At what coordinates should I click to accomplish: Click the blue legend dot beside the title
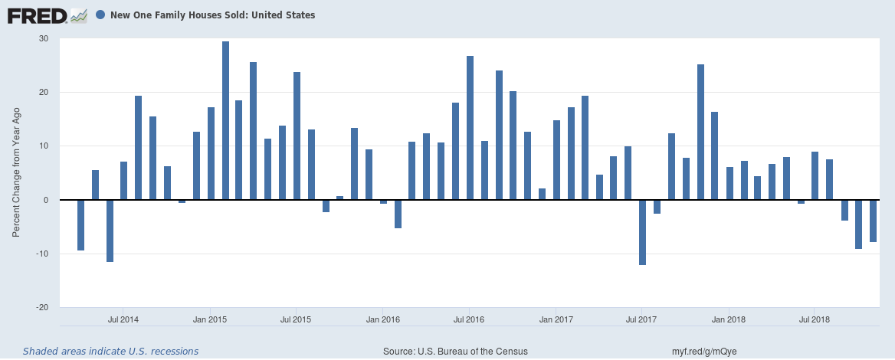100,15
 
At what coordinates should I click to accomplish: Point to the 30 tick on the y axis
43,39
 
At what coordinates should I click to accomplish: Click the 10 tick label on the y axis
43,146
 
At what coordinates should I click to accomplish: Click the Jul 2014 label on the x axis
123,319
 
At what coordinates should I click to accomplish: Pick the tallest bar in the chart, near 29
225,120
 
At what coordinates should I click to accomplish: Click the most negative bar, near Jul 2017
642,232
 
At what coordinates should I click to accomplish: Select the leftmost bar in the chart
81,225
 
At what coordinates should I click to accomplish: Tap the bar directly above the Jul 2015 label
297,136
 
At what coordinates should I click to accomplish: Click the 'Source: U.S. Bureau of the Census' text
455,352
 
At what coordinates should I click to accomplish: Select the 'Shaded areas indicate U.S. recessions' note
110,352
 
